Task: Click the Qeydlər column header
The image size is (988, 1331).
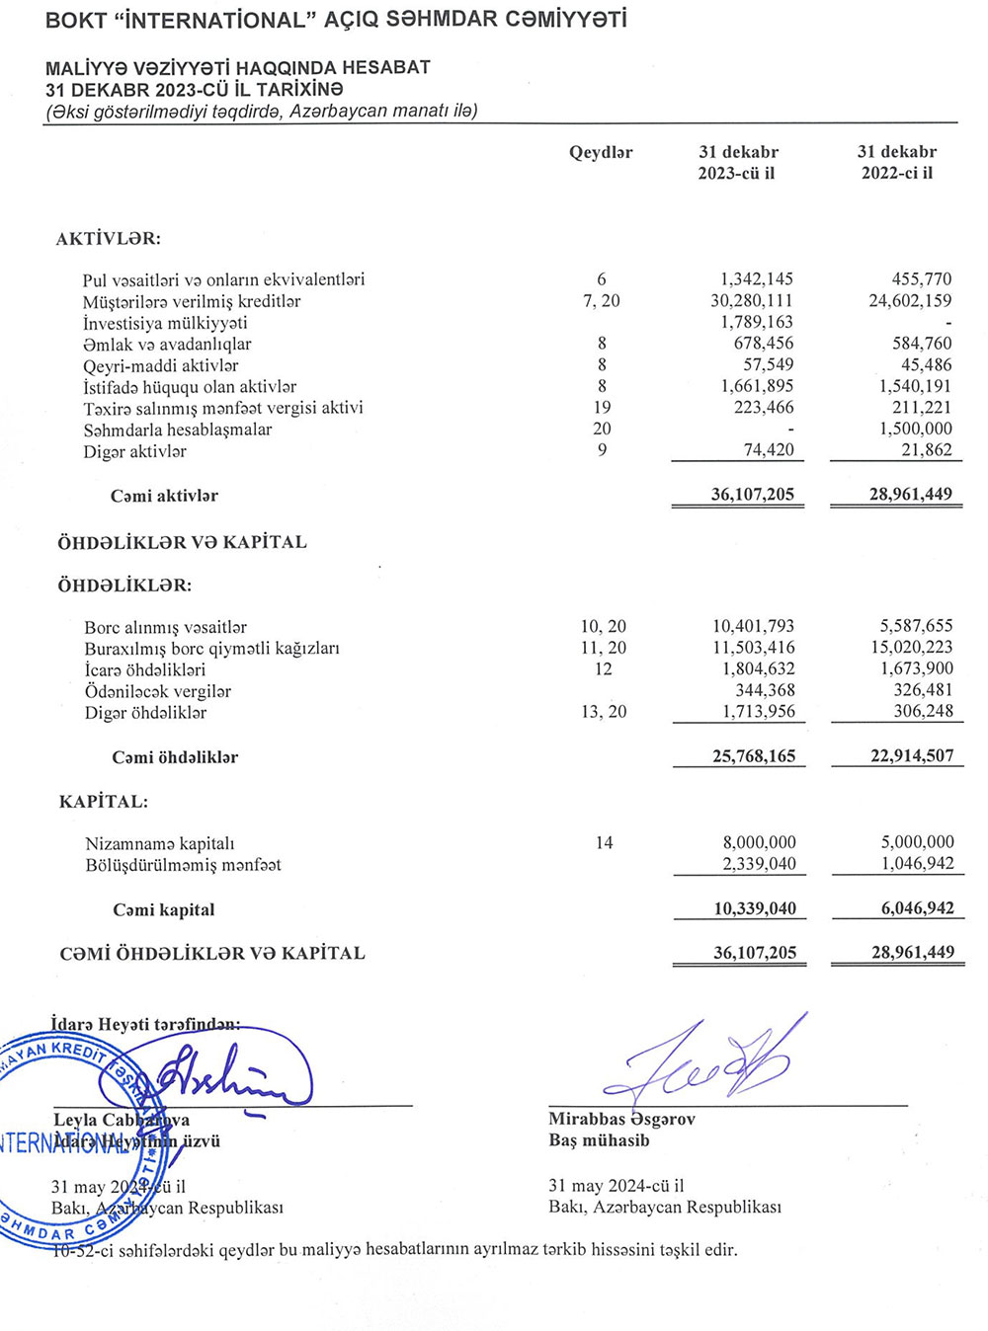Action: coord(601,152)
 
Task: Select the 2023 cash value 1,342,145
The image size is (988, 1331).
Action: coord(756,279)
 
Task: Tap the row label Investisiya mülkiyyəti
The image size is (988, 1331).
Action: coord(165,323)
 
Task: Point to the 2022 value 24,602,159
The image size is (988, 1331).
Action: coord(910,300)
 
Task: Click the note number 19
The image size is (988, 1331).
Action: coord(602,407)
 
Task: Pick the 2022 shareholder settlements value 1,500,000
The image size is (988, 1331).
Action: coord(916,429)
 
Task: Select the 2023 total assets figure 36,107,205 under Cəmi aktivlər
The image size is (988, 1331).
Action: coord(752,494)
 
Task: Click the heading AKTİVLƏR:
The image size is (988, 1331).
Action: coord(109,238)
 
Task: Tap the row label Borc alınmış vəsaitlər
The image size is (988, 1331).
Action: coord(165,627)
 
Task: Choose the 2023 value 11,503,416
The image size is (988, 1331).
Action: coord(753,648)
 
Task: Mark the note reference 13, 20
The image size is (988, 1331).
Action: coord(604,712)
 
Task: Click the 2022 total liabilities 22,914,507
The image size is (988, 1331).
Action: coord(912,755)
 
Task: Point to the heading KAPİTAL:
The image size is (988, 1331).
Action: coord(104,801)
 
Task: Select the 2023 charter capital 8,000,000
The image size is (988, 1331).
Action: coord(759,842)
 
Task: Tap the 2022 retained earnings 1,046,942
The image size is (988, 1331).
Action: coord(917,864)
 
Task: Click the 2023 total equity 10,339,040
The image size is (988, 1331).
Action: coord(755,908)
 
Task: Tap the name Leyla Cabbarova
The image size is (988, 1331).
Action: coord(122,1120)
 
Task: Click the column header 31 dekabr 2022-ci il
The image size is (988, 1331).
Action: coord(896,162)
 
